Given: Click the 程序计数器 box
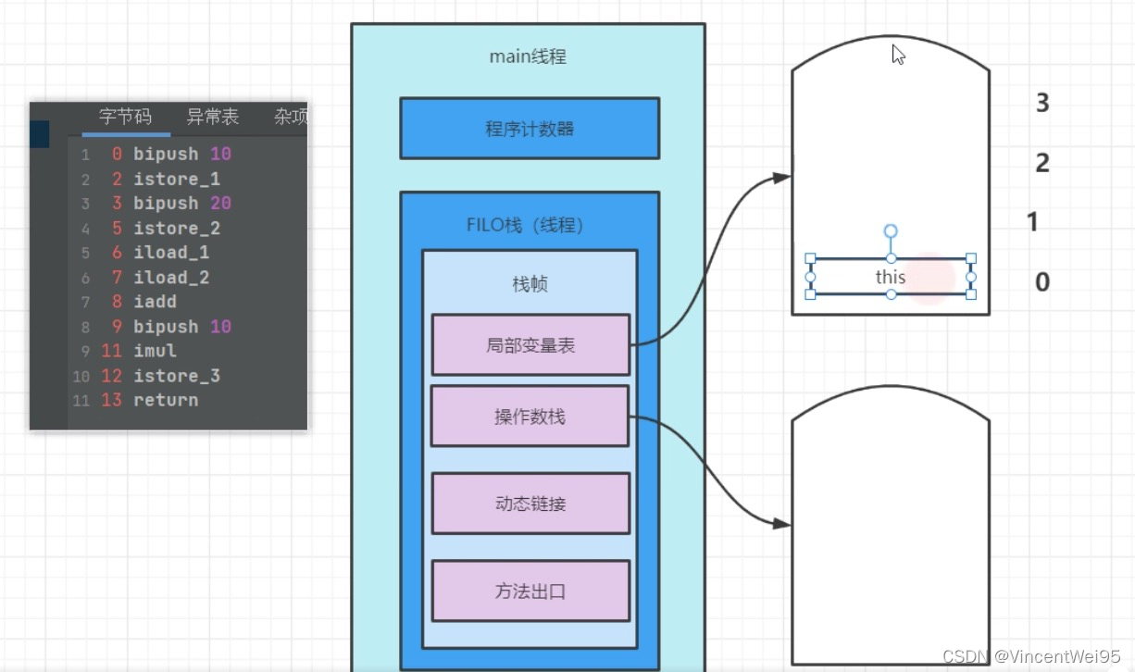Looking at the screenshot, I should [530, 129].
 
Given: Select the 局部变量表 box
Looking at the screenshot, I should [530, 345].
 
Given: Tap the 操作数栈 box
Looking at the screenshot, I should [530, 417].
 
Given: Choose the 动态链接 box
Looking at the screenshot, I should [530, 504].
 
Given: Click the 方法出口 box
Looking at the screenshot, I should [530, 591].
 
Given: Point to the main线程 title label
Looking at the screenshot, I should [528, 56].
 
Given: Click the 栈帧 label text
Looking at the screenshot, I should [530, 284].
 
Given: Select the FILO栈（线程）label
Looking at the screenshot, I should [525, 225].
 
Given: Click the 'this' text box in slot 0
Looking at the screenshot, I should [891, 277].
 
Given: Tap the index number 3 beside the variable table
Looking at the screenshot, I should [1042, 103].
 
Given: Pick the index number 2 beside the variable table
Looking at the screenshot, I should [1042, 163].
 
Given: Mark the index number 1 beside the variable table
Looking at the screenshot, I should [1033, 222].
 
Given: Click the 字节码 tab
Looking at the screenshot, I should [126, 117].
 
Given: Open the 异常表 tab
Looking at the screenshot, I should [212, 117].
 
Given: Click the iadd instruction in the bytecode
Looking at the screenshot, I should [155, 302].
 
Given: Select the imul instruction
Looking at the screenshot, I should [155, 351].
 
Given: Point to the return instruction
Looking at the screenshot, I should [166, 400].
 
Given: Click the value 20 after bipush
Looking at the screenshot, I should [220, 203].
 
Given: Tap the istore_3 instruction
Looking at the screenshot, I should [177, 376].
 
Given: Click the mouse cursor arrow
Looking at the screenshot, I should [897, 55].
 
